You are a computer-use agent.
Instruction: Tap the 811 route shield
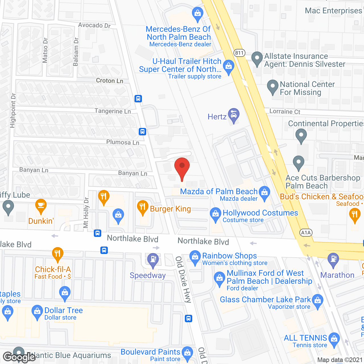pos(239,53)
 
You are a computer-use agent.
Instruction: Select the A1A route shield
pos(306,233)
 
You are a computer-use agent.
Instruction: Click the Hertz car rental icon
pos(233,115)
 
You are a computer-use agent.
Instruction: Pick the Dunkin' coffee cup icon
pos(41,206)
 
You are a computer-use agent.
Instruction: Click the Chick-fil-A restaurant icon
pos(58,254)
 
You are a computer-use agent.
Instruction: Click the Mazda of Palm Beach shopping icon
pos(264,193)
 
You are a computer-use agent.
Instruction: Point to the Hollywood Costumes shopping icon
pos(216,214)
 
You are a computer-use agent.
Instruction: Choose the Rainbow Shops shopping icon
pos(195,257)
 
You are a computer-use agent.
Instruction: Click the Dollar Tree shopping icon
pos(37,312)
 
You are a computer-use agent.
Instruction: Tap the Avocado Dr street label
pos(94,25)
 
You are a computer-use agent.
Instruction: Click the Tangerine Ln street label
pos(113,111)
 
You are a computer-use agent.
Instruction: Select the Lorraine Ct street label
pos(285,111)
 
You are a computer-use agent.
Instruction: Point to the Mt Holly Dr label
pos(86,212)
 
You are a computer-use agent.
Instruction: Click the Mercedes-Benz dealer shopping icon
pos(197,14)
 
